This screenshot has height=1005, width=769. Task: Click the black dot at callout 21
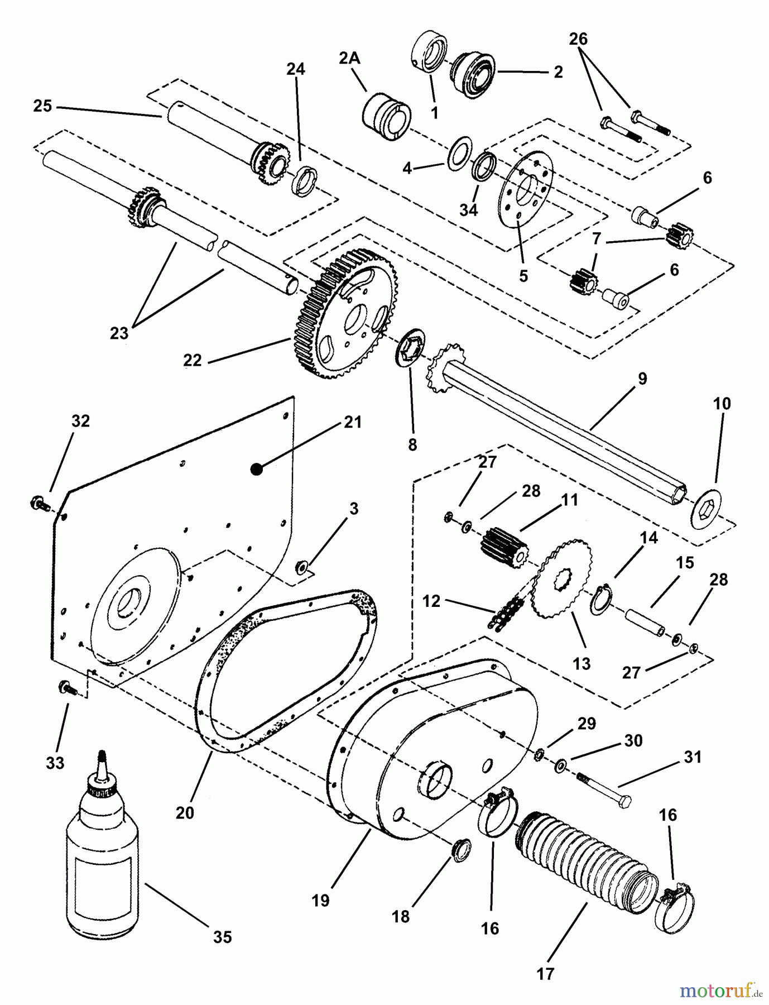(x=256, y=470)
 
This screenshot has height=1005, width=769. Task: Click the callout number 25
(x=42, y=106)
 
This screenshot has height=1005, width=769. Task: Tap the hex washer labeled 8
(x=411, y=350)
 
